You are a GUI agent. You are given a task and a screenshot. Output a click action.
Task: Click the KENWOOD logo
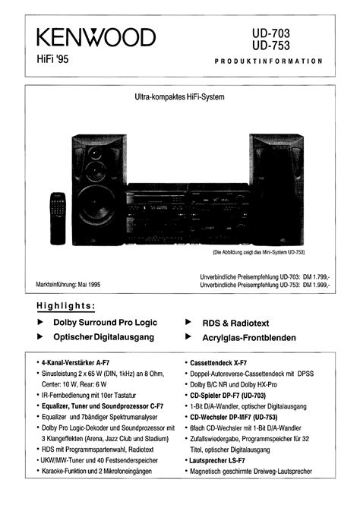click(96, 37)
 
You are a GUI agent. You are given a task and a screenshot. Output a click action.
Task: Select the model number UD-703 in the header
click(271, 33)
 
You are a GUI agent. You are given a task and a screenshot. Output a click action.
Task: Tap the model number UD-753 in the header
click(271, 46)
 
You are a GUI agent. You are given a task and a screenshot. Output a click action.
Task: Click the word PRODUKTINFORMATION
click(268, 61)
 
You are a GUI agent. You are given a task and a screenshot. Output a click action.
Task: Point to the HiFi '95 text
click(52, 59)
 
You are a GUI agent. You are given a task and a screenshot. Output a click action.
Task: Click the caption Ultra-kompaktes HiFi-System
click(179, 97)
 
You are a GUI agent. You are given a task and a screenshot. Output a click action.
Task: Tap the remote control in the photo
click(58, 219)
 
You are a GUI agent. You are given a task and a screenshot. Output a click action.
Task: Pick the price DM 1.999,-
click(316, 285)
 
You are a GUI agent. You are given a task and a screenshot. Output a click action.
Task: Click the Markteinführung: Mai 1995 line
click(68, 285)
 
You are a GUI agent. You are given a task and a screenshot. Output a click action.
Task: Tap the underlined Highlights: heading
click(66, 306)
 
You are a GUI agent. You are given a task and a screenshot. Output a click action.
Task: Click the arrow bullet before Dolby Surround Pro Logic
click(40, 322)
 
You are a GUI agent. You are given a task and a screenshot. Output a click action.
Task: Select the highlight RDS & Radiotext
click(235, 323)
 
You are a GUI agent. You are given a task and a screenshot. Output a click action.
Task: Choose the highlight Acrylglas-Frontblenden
click(249, 338)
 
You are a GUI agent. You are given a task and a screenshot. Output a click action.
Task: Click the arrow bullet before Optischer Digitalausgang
click(40, 336)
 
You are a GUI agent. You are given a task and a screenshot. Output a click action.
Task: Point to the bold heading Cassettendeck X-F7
click(219, 363)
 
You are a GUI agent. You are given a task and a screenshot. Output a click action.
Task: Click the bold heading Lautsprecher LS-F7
click(217, 460)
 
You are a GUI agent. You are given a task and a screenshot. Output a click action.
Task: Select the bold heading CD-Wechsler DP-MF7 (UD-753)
click(234, 417)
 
